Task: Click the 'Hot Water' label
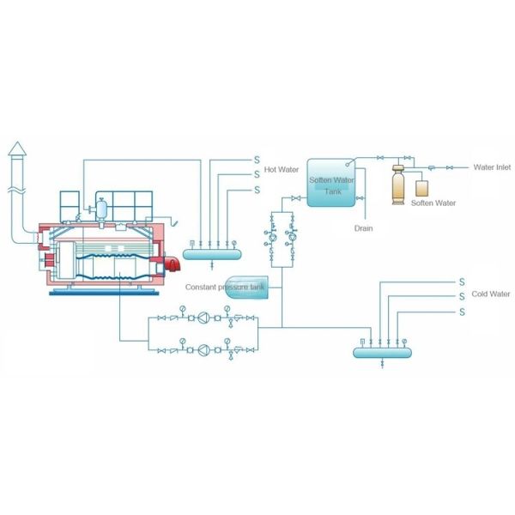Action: pyautogui.click(x=281, y=170)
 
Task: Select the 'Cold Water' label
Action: pyautogui.click(x=490, y=294)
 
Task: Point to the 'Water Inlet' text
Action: pyautogui.click(x=492, y=167)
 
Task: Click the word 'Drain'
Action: pyautogui.click(x=363, y=228)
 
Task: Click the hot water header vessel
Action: pyautogui.click(x=212, y=253)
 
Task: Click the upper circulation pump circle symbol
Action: pyautogui.click(x=203, y=318)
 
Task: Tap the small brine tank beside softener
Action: pyautogui.click(x=422, y=187)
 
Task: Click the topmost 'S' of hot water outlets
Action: pyautogui.click(x=255, y=160)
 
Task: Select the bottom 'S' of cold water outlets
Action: pyautogui.click(x=461, y=312)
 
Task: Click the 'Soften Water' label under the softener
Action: pyautogui.click(x=433, y=203)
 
